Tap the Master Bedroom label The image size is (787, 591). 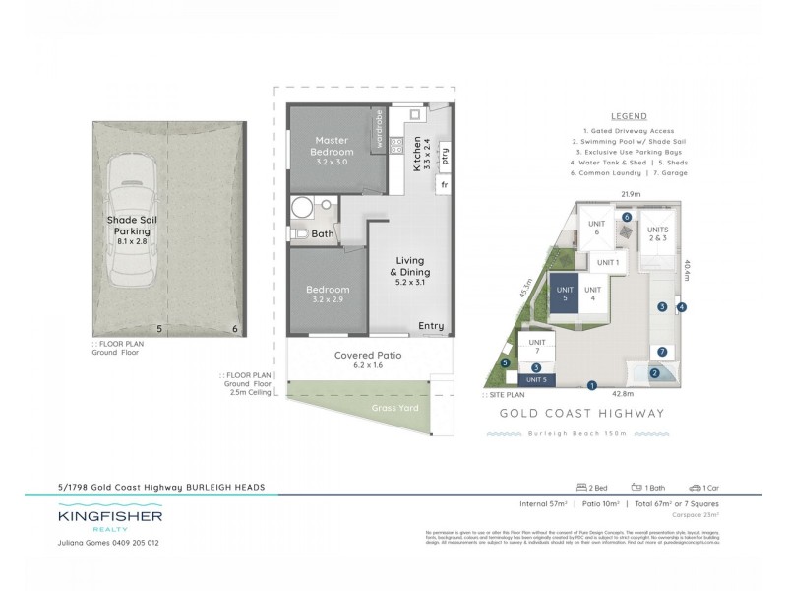pyautogui.click(x=333, y=146)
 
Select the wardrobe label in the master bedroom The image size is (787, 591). pyautogui.click(x=379, y=129)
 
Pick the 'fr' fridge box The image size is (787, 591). pyautogui.click(x=445, y=184)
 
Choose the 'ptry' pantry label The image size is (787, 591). pyautogui.click(x=445, y=157)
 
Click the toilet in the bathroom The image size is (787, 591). pyautogui.click(x=299, y=234)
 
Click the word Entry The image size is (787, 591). pyautogui.click(x=431, y=326)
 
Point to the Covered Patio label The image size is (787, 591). pyautogui.click(x=368, y=355)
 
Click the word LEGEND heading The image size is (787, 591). pyautogui.click(x=628, y=116)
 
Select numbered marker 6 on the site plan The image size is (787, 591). pyautogui.click(x=627, y=217)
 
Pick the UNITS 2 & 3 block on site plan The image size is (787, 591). pyautogui.click(x=657, y=233)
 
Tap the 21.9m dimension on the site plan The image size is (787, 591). pyautogui.click(x=631, y=195)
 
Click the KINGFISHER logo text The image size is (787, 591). pyautogui.click(x=109, y=516)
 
